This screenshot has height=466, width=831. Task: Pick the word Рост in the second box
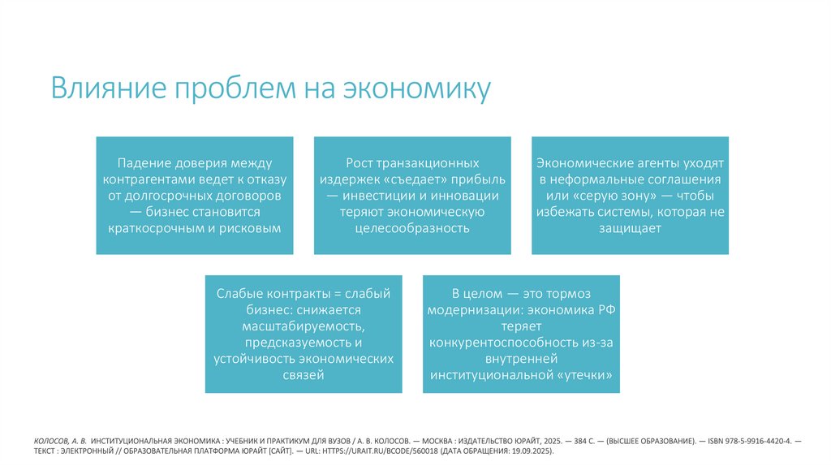point(361,163)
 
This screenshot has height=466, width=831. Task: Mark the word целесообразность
point(412,228)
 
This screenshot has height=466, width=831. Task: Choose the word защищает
point(630,228)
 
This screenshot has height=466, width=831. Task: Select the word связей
point(304,374)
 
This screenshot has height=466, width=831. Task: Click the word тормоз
point(571,293)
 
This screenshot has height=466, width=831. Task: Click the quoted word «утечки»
point(578,376)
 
